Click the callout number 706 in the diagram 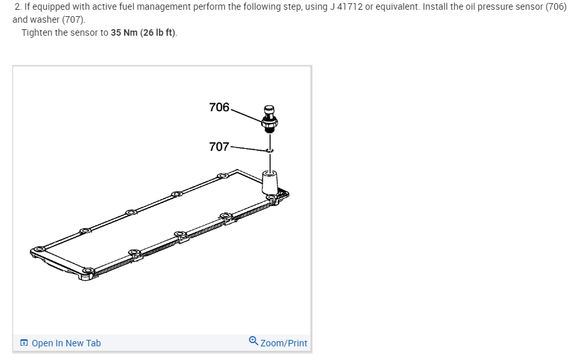click(x=219, y=107)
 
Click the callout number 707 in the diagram click(x=219, y=147)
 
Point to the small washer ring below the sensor click(x=270, y=150)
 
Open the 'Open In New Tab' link click(x=66, y=343)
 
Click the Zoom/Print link click(x=283, y=343)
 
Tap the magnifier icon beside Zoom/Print click(x=253, y=341)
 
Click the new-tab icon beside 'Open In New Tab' click(x=24, y=342)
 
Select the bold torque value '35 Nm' click(x=124, y=32)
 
